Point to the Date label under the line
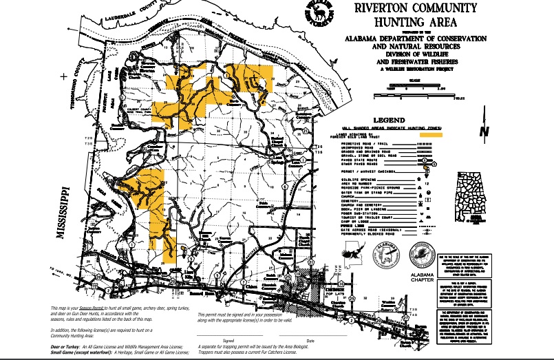(x=310, y=341)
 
